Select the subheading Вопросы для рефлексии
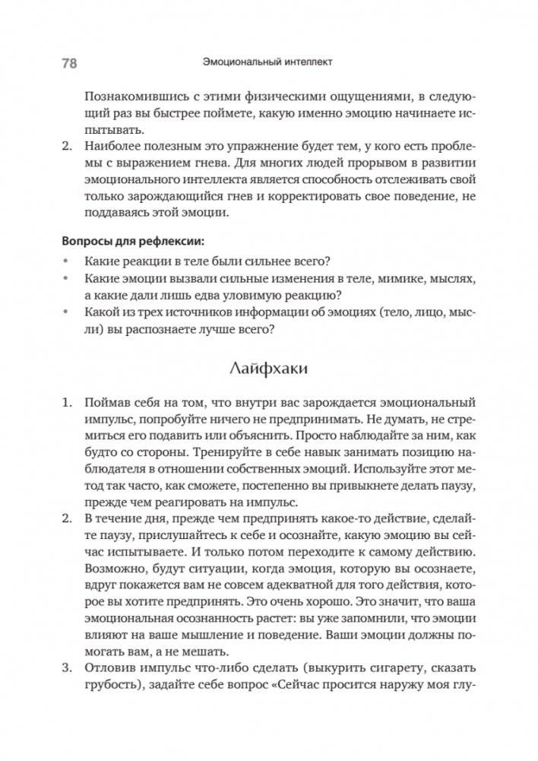click(132, 241)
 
